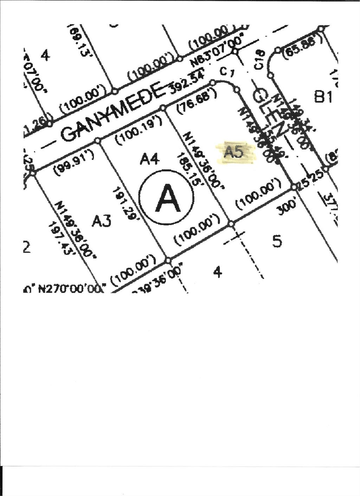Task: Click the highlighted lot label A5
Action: pos(234,152)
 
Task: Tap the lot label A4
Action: pos(150,160)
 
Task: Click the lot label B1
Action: pos(323,97)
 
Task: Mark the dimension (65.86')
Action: pos(300,47)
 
